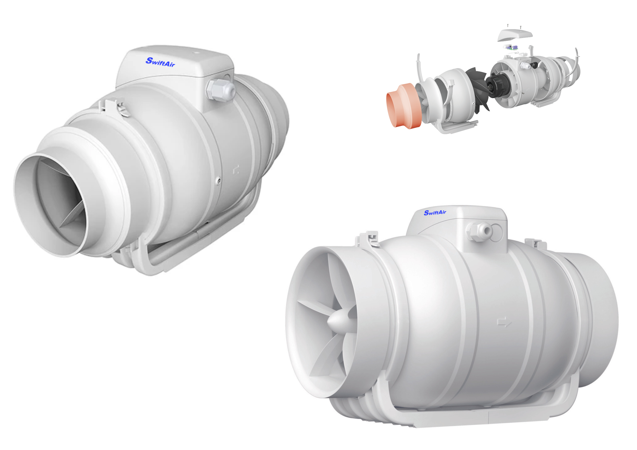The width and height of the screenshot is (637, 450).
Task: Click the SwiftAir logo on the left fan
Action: [x=160, y=62]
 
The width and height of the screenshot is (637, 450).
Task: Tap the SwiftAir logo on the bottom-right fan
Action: [x=435, y=213]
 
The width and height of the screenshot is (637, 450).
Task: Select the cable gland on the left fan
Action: [x=221, y=89]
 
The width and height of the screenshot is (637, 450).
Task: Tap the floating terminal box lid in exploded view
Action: [x=515, y=35]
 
